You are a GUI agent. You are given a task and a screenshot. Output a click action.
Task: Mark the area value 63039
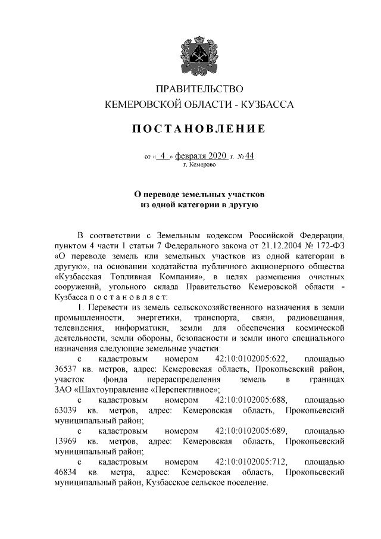(66, 411)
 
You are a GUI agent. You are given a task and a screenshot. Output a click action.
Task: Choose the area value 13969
(66, 442)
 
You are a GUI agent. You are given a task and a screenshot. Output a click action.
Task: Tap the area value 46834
(66, 473)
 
